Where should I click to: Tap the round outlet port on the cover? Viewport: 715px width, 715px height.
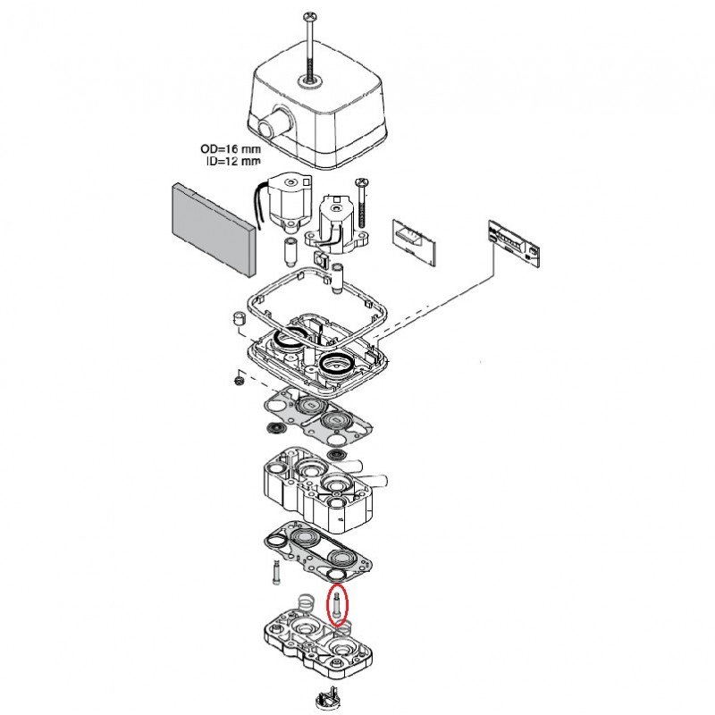[x=274, y=120]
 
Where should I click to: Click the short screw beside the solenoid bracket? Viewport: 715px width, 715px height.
[x=361, y=198]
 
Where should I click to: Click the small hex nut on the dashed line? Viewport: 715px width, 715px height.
[x=238, y=380]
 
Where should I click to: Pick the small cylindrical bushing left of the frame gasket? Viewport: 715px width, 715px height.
[x=239, y=320]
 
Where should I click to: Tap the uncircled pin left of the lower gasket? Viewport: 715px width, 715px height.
[x=273, y=570]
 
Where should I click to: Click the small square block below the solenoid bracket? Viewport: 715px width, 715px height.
[x=337, y=270]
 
